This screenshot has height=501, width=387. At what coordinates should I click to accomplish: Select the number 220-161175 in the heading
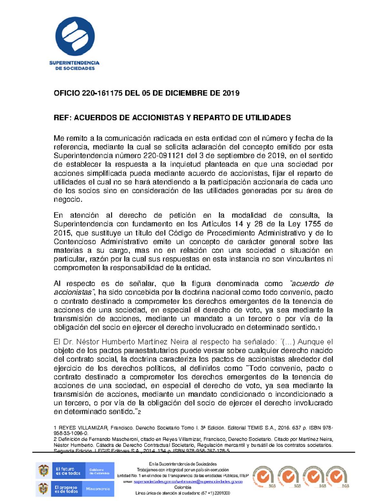coord(102,94)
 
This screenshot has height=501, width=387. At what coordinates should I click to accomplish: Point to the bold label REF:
coord(62,118)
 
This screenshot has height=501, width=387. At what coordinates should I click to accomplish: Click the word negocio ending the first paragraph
coord(67,200)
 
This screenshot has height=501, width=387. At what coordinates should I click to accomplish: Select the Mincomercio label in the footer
coord(98,489)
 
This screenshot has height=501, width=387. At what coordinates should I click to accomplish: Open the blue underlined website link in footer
coord(188,482)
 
